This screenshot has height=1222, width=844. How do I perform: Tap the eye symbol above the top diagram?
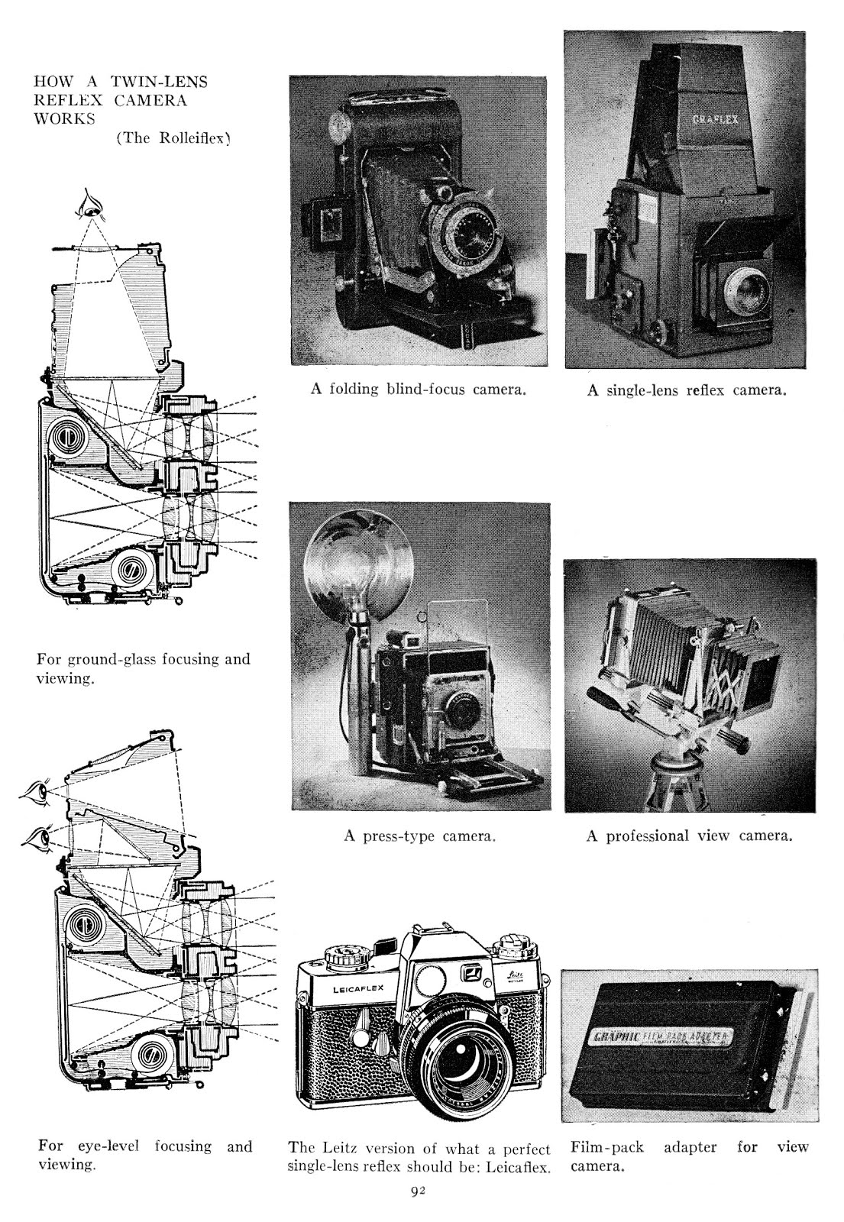pyautogui.click(x=92, y=205)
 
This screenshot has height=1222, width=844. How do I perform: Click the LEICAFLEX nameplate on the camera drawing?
pyautogui.click(x=358, y=991)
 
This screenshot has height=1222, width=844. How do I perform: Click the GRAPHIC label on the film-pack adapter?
pyautogui.click(x=616, y=1038)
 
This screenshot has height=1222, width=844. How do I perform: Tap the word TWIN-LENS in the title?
pyautogui.click(x=159, y=81)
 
